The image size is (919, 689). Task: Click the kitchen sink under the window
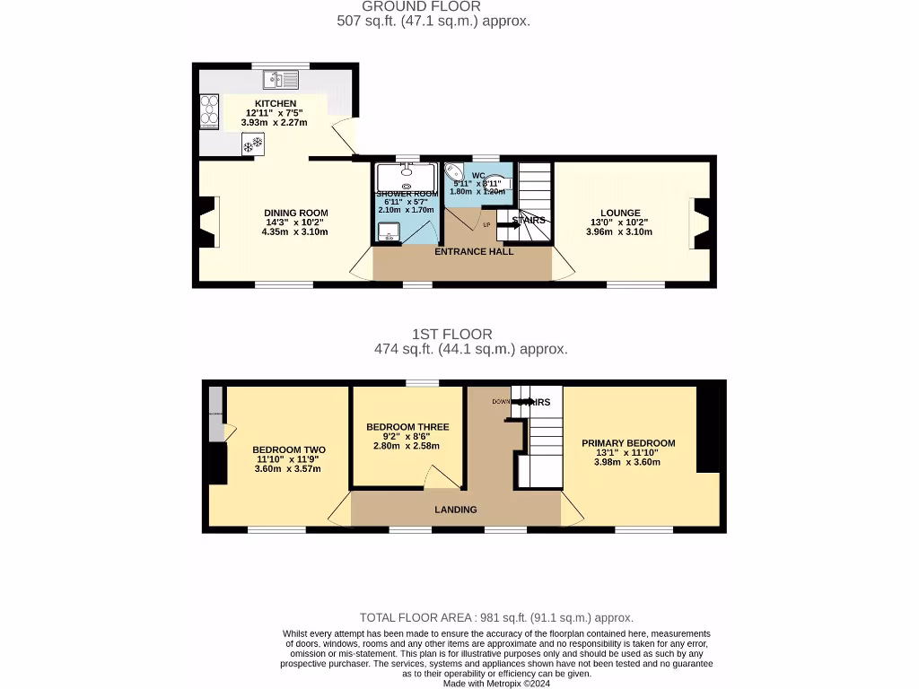[x=280, y=81]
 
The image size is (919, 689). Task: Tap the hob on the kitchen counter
[x=207, y=114]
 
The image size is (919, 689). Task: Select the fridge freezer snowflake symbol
[x=252, y=144]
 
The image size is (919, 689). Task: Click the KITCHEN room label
[x=275, y=104]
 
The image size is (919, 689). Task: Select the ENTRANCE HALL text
[x=474, y=252]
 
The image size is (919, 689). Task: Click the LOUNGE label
[x=619, y=213]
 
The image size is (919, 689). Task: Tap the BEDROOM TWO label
[x=288, y=450]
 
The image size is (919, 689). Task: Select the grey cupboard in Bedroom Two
[x=216, y=414]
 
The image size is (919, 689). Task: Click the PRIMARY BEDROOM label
[x=628, y=443]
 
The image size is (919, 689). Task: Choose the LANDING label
[x=456, y=510]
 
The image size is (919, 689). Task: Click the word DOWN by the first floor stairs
[x=501, y=402]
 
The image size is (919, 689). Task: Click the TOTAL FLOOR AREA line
[x=496, y=617]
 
